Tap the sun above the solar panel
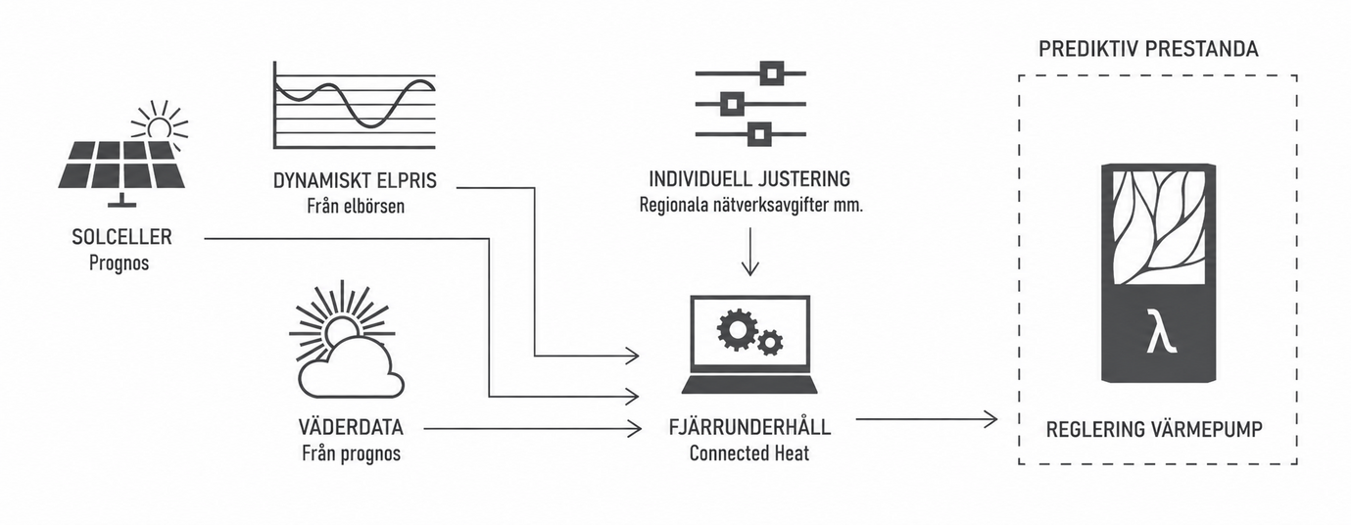click(x=160, y=123)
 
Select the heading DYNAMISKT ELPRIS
click(x=355, y=180)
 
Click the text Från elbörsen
click(x=356, y=206)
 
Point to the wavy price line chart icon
click(x=354, y=105)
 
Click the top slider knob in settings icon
click(x=771, y=73)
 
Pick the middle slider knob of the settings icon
click(x=732, y=104)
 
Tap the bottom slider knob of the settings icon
click(x=759, y=134)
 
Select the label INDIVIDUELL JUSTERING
click(x=749, y=179)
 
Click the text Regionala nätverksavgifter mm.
click(x=750, y=205)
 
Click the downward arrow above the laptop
click(x=749, y=252)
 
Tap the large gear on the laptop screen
click(x=737, y=329)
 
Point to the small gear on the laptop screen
click(x=770, y=343)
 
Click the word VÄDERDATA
click(x=351, y=427)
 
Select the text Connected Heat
click(x=749, y=453)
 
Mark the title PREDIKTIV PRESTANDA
click(x=1148, y=49)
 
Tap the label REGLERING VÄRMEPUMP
click(x=1154, y=430)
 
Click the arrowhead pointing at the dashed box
click(x=990, y=419)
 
